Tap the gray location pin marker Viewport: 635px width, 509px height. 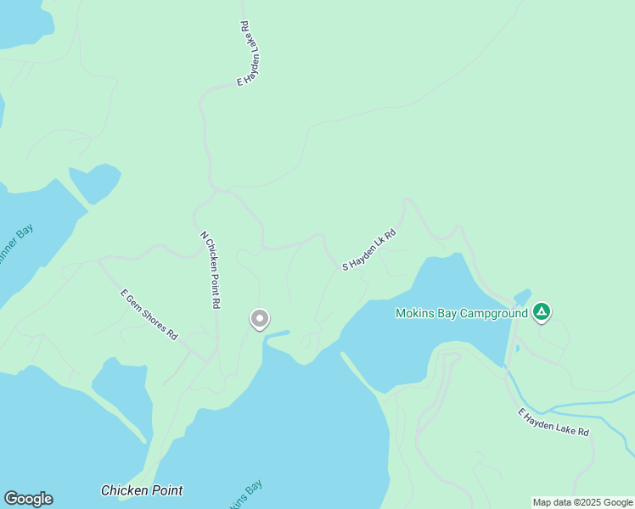(260, 319)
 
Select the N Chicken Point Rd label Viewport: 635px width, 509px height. (211, 269)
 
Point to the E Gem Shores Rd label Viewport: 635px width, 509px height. (149, 315)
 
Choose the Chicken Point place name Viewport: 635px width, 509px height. (142, 490)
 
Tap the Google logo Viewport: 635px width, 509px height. (28, 499)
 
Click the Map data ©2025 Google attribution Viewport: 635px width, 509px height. (582, 502)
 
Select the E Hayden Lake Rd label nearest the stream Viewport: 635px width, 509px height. (554, 422)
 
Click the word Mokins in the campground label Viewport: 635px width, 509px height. (415, 313)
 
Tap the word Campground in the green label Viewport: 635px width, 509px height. (496, 313)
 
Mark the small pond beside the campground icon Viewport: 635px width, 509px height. (522, 296)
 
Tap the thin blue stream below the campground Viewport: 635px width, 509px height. (586, 404)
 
